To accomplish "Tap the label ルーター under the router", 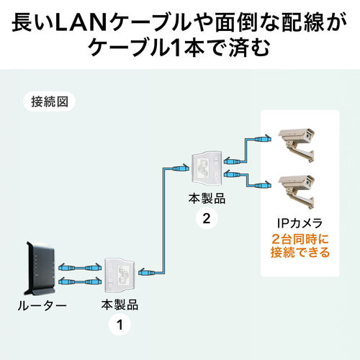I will (x=41, y=306).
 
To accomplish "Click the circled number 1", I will (x=119, y=325).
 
